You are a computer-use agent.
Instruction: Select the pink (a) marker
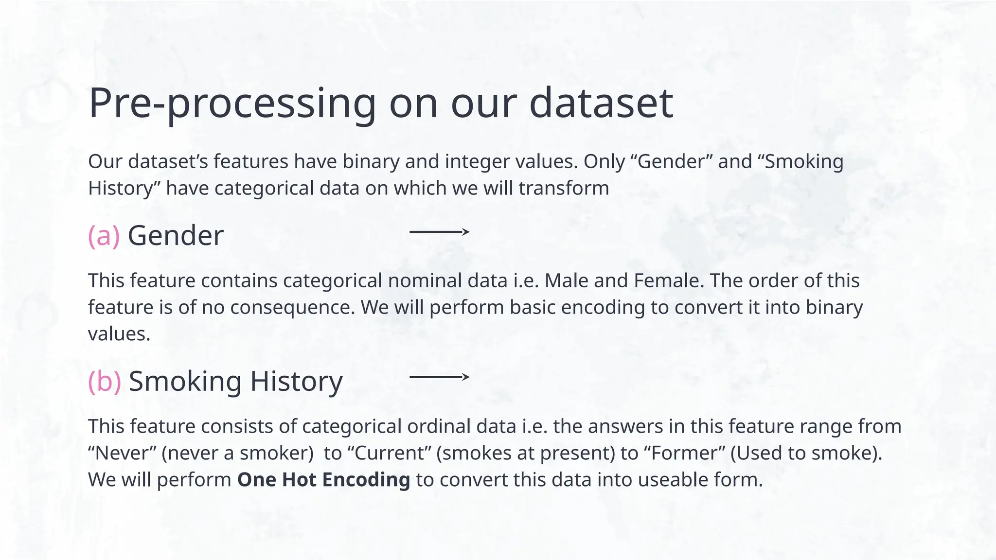(104, 236)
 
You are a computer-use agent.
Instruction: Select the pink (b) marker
(104, 381)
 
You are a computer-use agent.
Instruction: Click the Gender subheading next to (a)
(176, 236)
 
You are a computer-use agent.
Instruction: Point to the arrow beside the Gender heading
(439, 232)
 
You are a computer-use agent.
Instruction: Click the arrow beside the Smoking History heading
(439, 377)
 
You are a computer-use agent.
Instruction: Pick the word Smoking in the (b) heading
(185, 381)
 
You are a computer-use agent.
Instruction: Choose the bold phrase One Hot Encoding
(323, 480)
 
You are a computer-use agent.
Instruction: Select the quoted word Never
(122, 453)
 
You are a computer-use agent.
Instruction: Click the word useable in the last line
(672, 480)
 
